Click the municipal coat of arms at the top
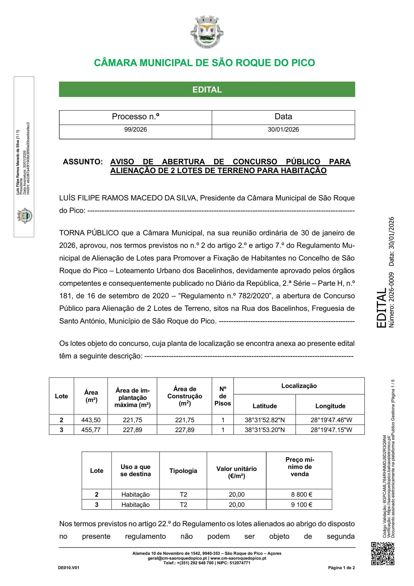click(207, 32)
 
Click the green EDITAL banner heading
click(207, 90)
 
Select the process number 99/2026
click(135, 130)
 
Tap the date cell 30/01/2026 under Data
click(283, 130)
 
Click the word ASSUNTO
click(83, 162)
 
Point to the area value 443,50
click(91, 420)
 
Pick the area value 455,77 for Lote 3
click(91, 430)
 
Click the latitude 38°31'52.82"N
click(264, 420)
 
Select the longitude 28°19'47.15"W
click(330, 430)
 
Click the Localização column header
click(299, 386)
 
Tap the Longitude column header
click(330, 406)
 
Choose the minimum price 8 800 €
click(299, 494)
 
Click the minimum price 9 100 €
click(299, 504)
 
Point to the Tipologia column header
click(183, 471)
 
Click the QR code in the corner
click(383, 553)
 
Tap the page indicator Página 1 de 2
click(341, 568)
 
